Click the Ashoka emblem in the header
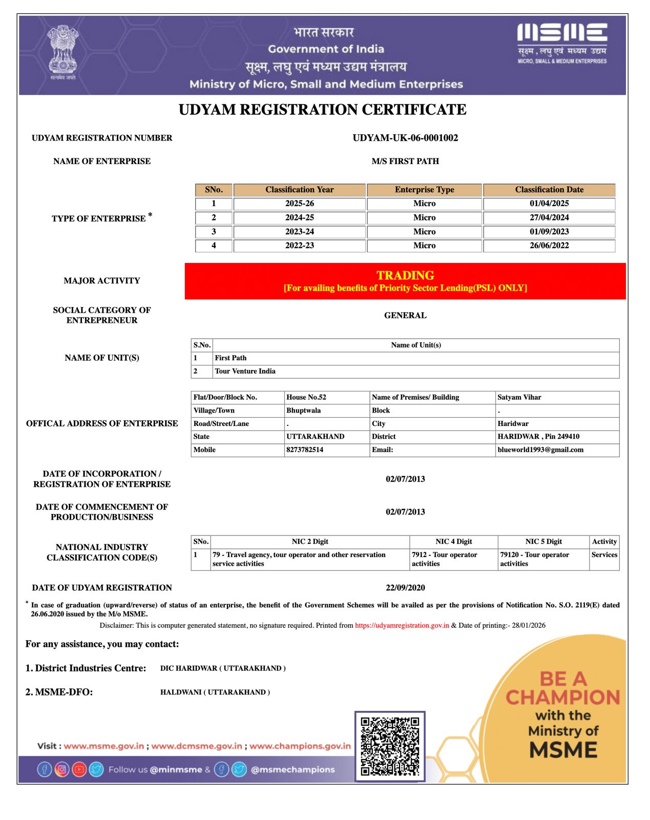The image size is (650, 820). point(62,51)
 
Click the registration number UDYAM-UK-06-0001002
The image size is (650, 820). point(405,138)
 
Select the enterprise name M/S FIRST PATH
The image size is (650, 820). point(405,161)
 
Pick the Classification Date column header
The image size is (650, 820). point(549,190)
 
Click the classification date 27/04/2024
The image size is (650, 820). point(549,217)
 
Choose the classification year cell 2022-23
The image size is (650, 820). point(300,245)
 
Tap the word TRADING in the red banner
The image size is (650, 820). point(405,275)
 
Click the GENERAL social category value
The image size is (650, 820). point(405,315)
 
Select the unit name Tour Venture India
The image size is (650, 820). point(245,371)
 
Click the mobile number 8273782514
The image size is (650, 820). point(305,449)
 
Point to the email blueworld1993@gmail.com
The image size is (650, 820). point(540,449)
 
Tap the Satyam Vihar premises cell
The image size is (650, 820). point(519,397)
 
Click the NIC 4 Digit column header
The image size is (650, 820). point(453,541)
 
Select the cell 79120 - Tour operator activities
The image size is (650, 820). point(535,559)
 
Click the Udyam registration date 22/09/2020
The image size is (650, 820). point(405,587)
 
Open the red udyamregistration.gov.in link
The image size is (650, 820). point(402,625)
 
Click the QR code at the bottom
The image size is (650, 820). point(390,746)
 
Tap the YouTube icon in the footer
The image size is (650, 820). point(79,769)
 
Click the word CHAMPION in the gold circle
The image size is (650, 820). point(563,697)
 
